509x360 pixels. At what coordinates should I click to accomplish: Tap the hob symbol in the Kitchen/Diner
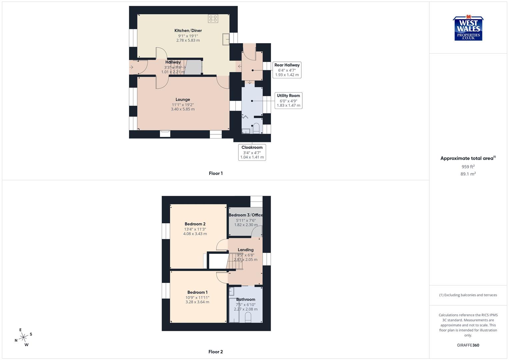coord(213,18)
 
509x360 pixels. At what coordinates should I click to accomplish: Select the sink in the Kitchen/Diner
coord(226,39)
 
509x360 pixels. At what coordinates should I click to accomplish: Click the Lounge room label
coord(183,99)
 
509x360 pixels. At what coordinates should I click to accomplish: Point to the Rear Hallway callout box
coord(287,70)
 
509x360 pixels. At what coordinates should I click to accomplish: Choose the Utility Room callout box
coord(288,100)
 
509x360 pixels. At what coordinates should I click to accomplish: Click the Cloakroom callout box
coord(252,152)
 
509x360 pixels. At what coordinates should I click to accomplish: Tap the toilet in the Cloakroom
coord(256,128)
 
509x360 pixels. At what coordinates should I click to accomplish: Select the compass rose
coord(23,337)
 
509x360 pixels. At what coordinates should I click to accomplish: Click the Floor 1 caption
coord(216,173)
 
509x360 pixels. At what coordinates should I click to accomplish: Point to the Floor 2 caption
coord(216,352)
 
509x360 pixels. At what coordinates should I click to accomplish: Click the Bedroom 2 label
coord(195,224)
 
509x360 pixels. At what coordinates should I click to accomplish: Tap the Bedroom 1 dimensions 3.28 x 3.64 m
coord(197,302)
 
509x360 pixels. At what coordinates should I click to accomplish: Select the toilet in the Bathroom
coord(248,317)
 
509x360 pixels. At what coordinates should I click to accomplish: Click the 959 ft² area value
coord(468,167)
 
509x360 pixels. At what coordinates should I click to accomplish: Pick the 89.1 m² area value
coord(468,174)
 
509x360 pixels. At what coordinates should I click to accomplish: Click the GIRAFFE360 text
coord(468,345)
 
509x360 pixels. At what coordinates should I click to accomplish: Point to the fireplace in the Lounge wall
coord(165,133)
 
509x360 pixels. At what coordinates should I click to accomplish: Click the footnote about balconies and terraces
coord(468,295)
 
